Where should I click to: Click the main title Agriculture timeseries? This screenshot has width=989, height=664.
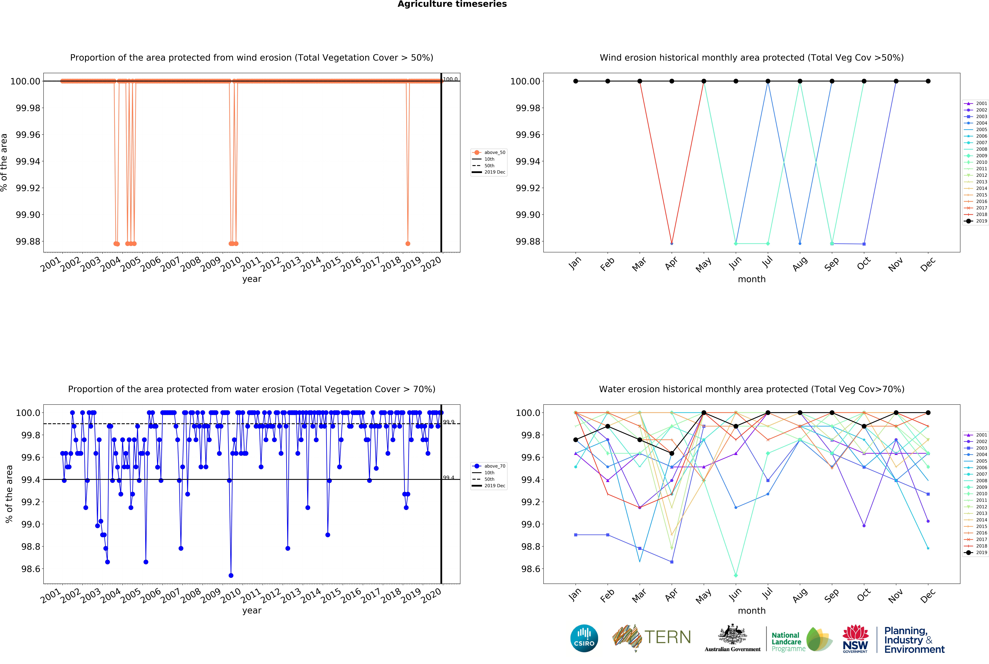pyautogui.click(x=452, y=4)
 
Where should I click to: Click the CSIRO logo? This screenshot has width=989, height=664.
pyautogui.click(x=584, y=638)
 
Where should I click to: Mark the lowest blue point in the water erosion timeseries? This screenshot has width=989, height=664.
pyautogui.click(x=231, y=575)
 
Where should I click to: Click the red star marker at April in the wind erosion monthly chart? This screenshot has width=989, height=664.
pyautogui.click(x=671, y=244)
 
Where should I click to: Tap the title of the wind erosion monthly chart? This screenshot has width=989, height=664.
pyautogui.click(x=751, y=58)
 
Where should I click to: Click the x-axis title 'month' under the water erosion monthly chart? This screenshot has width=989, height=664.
pyautogui.click(x=751, y=611)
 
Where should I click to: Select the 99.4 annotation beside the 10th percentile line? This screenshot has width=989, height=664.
pyautogui.click(x=449, y=478)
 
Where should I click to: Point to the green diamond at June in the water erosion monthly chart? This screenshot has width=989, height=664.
pyautogui.click(x=735, y=575)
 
